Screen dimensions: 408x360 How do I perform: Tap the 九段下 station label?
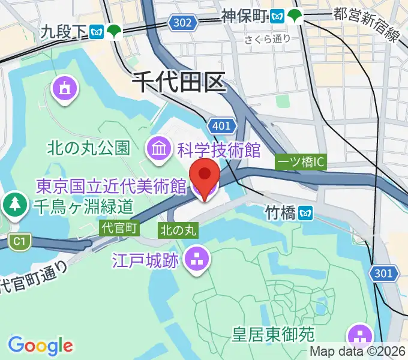[x=65, y=31]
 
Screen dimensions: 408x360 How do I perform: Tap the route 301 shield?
[x=384, y=274]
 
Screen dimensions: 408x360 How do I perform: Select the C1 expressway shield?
[x=19, y=241]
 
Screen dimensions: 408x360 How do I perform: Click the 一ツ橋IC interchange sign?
[x=301, y=162]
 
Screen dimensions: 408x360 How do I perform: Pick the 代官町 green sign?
[x=120, y=227]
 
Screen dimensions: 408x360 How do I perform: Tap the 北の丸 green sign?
[x=177, y=229]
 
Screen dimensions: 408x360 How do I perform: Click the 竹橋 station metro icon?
[x=307, y=212]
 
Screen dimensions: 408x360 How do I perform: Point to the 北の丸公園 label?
[x=89, y=148]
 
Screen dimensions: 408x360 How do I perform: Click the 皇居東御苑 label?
[x=282, y=332]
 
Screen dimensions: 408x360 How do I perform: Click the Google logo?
[x=40, y=345]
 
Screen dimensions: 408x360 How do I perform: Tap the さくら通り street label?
[x=268, y=39]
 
